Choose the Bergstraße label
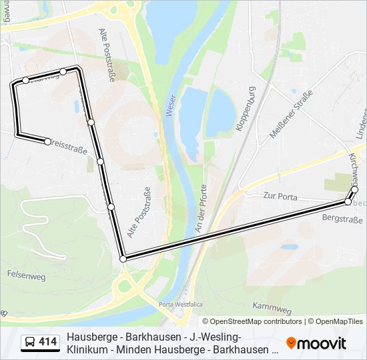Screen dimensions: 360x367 (342, 219)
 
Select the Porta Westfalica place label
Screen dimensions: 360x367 (180, 304)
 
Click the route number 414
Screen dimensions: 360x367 (47, 342)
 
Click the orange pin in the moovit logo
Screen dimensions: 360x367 (291, 343)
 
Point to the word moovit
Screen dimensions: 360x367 (322, 343)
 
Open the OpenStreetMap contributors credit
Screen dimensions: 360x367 (256, 321)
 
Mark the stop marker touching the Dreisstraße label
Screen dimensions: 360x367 (47, 141)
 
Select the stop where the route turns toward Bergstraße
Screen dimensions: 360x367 (123, 259)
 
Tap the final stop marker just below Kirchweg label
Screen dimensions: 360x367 (354, 189)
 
